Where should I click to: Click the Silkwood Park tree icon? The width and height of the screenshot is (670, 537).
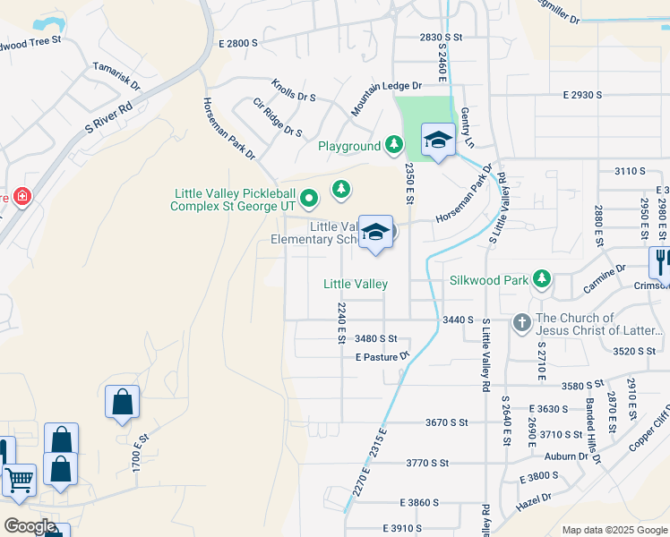pos(542,279)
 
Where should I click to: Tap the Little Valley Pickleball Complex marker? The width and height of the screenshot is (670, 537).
pos(309,197)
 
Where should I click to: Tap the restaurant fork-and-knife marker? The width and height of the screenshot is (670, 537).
pos(660,261)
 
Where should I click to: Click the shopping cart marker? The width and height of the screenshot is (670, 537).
pos(18,480)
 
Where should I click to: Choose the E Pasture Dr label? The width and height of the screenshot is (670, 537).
pos(382,356)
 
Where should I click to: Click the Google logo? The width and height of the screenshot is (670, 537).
pos(30,526)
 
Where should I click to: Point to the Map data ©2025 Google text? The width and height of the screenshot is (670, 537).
pos(614,530)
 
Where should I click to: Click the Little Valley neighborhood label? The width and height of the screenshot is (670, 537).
pos(356,284)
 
